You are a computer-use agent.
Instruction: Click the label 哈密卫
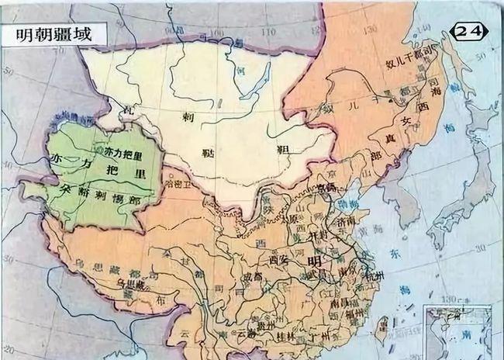click(179, 185)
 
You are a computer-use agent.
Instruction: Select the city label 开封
click(313, 235)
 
